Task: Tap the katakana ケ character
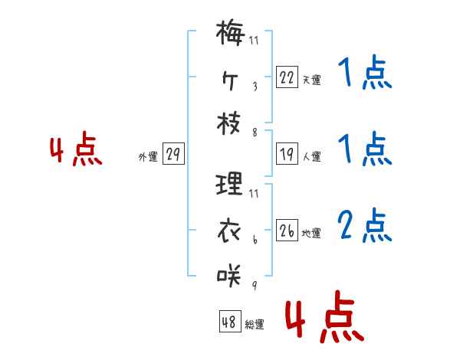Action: pyautogui.click(x=230, y=80)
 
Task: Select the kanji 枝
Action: pyautogui.click(x=230, y=126)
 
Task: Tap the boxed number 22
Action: pyautogui.click(x=287, y=77)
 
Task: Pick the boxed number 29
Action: pyautogui.click(x=173, y=155)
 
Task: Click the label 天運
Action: pyautogui.click(x=311, y=79)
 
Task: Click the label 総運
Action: pyautogui.click(x=254, y=324)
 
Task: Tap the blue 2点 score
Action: pyautogui.click(x=364, y=225)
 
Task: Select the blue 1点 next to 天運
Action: pyautogui.click(x=364, y=74)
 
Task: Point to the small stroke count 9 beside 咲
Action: pyautogui.click(x=254, y=286)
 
